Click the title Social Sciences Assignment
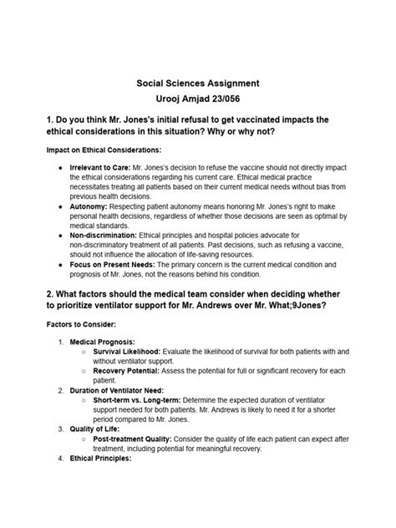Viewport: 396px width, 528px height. [x=197, y=84]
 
